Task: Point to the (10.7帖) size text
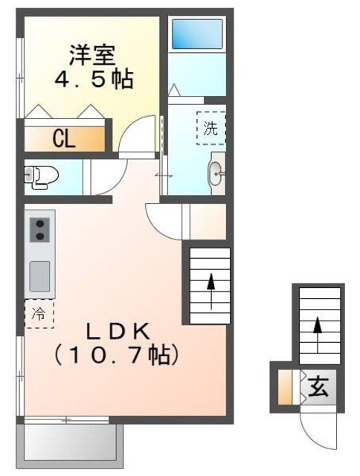click(115, 356)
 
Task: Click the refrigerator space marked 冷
click(39, 314)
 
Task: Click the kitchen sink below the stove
click(39, 275)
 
